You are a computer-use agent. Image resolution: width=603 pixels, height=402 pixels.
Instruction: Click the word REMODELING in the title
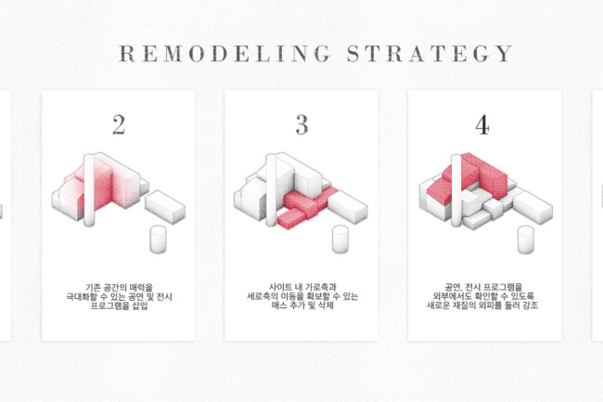tap(225, 54)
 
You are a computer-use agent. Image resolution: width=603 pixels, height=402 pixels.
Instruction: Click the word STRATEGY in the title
tap(430, 54)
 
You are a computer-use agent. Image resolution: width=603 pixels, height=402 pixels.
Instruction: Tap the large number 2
tap(119, 125)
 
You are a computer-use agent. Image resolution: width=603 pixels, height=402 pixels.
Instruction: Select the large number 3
tap(302, 125)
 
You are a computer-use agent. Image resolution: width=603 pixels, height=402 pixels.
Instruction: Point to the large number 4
tap(482, 125)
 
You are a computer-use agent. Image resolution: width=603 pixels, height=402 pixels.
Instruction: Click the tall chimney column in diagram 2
tap(89, 190)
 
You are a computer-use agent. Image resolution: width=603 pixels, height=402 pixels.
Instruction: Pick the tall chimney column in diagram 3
tap(271, 190)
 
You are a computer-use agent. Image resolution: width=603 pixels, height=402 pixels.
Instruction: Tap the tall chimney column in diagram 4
tap(456, 190)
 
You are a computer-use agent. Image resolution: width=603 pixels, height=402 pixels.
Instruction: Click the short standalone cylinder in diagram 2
tap(158, 240)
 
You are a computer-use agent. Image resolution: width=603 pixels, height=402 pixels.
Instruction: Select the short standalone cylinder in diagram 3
tap(340, 240)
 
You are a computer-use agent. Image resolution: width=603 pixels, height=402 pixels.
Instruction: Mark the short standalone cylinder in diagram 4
tap(526, 240)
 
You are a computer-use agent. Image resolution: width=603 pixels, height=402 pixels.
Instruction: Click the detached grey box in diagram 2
tap(165, 207)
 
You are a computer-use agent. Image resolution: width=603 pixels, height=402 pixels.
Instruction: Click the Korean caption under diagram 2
tap(119, 296)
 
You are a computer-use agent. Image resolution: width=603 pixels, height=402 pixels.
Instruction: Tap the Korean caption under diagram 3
tap(302, 296)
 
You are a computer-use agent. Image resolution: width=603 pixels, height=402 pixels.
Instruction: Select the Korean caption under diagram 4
tap(483, 296)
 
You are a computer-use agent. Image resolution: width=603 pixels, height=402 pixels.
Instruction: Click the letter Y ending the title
tap(505, 54)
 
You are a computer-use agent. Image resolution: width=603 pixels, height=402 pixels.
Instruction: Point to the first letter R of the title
tap(126, 54)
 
